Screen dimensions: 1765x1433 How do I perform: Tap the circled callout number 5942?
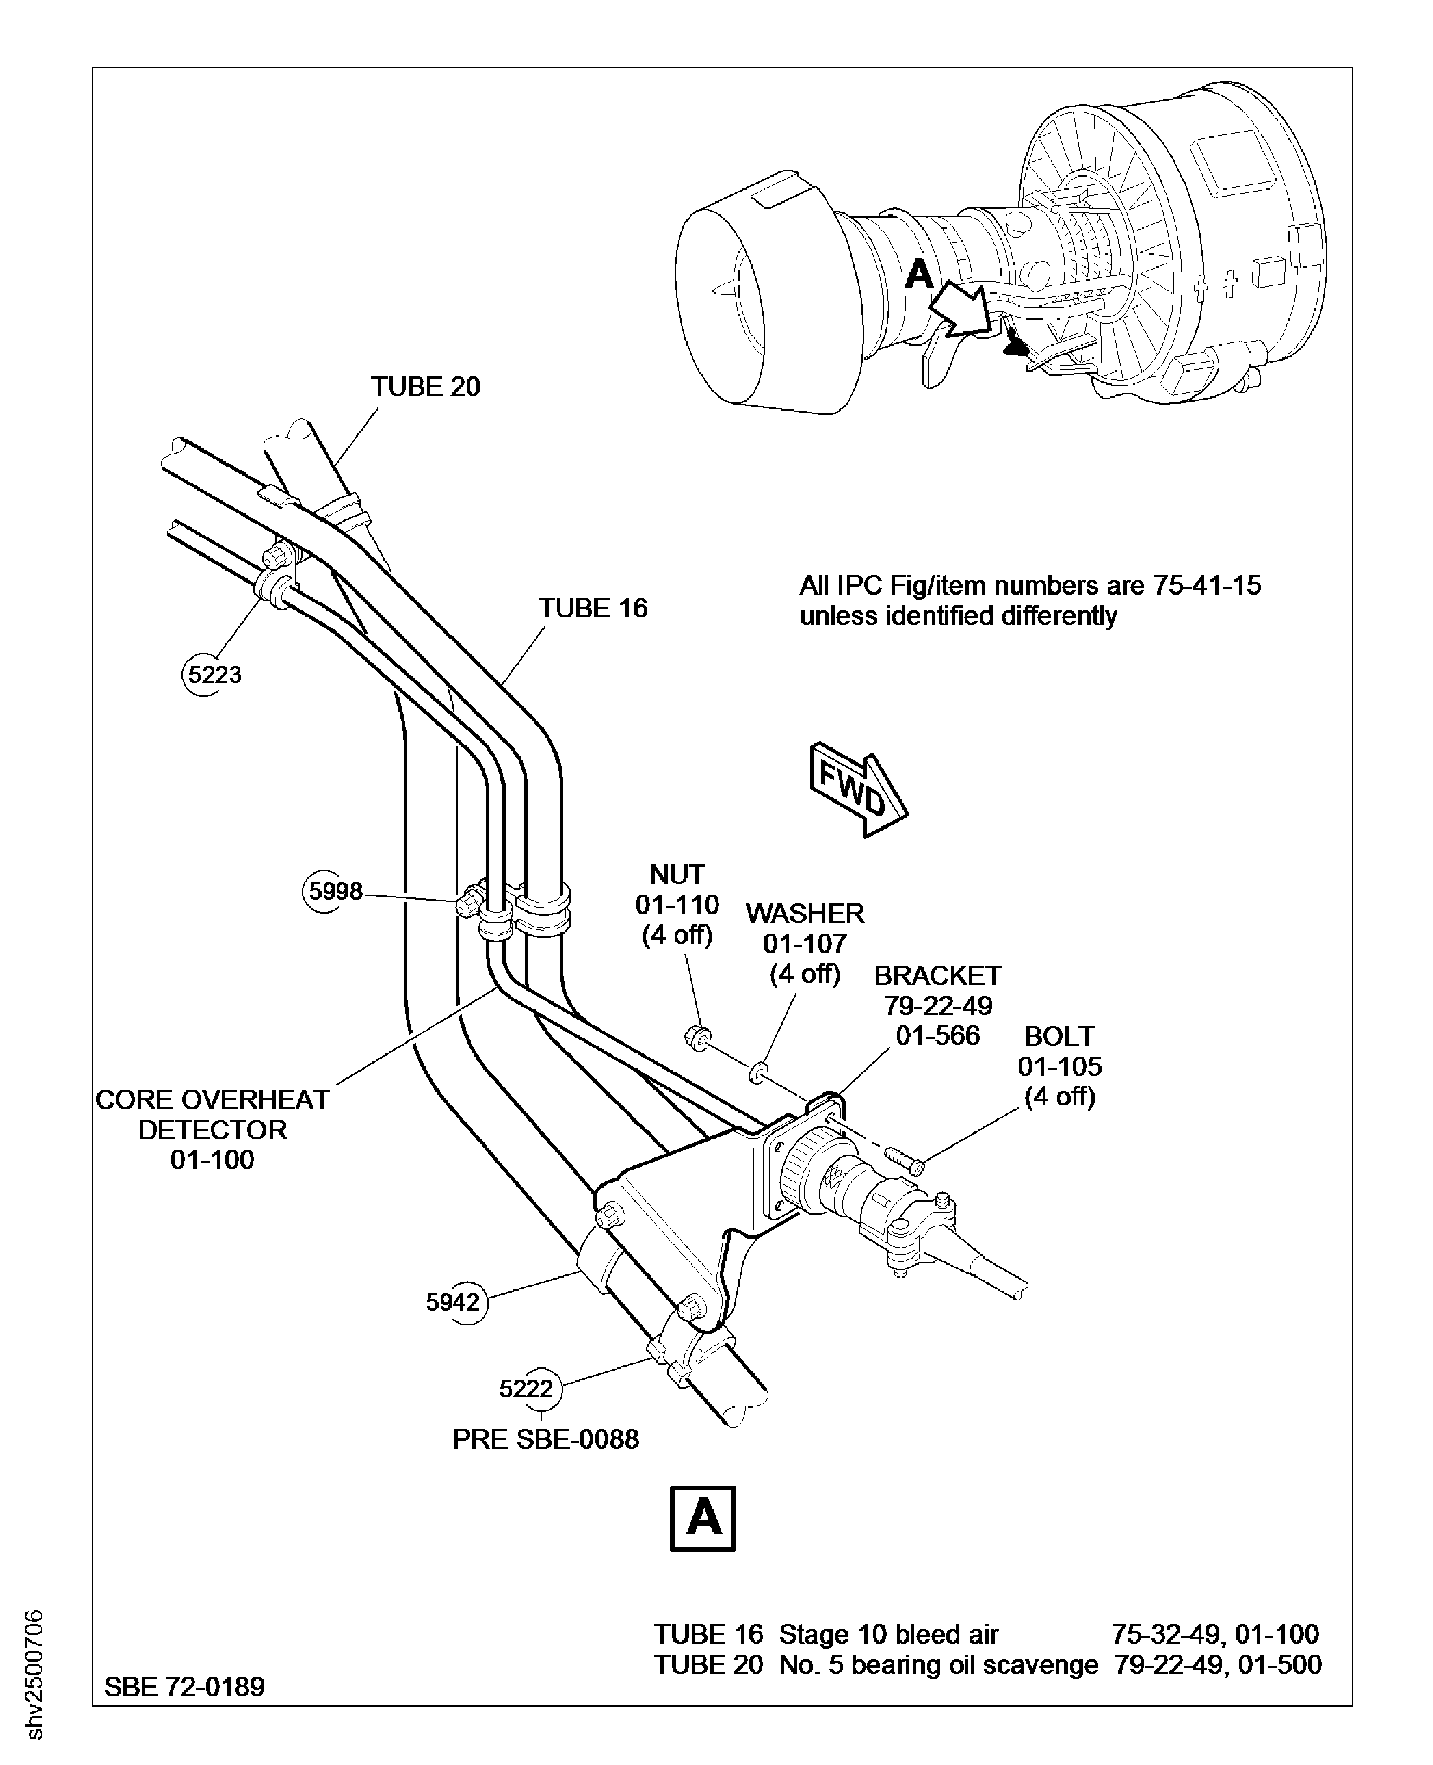(453, 1302)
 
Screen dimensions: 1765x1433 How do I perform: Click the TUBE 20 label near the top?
(425, 387)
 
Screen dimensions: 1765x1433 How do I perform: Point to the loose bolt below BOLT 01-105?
(905, 1158)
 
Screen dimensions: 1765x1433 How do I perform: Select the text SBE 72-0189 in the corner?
(184, 1686)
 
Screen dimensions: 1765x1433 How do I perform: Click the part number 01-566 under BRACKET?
(937, 1035)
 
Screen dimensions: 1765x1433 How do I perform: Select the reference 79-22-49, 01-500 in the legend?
(1218, 1665)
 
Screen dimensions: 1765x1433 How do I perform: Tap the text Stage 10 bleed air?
(888, 1634)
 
